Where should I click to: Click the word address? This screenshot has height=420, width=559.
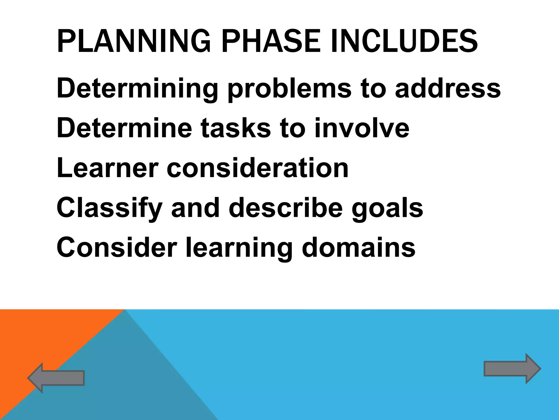pos(448,88)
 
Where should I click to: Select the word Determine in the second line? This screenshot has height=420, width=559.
pos(124,128)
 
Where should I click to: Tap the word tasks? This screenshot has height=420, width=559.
pos(236,128)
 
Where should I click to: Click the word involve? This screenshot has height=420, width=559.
pos(362,128)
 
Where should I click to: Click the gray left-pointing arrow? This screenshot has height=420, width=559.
pos(56,378)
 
